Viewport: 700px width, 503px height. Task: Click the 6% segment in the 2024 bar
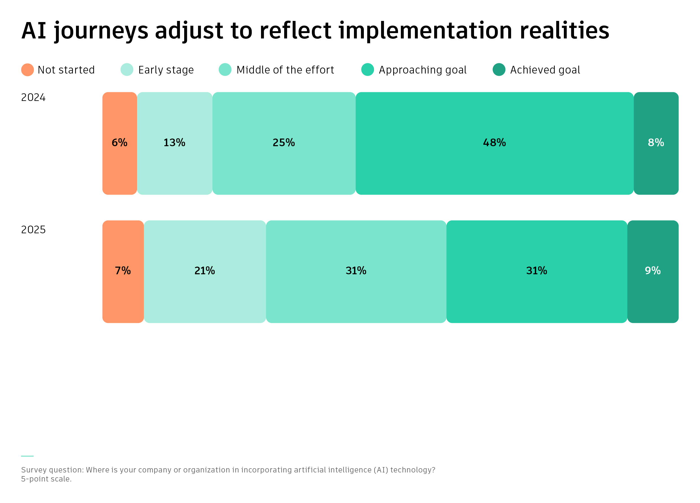pos(119,143)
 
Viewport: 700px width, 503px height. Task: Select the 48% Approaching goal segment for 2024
pos(494,143)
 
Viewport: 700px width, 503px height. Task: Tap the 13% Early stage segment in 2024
pos(175,143)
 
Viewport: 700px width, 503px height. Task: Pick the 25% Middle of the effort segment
pos(284,143)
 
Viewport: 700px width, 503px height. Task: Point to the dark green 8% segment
pos(656,143)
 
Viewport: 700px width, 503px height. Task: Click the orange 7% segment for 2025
pos(123,272)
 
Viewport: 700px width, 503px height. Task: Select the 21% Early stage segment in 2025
pos(205,272)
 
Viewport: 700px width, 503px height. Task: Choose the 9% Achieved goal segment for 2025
pos(653,272)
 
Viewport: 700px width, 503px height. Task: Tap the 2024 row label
pos(33,98)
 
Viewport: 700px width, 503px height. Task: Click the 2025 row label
pos(33,230)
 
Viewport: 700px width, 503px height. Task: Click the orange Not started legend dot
pos(27,70)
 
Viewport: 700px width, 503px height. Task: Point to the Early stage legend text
pos(166,70)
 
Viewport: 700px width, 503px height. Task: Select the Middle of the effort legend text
pos(285,70)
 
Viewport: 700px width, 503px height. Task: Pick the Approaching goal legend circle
pos(368,70)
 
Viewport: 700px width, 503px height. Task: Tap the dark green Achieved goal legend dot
pos(499,70)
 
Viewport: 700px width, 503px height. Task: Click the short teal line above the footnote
pos(27,456)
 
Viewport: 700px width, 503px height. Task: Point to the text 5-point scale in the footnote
pos(46,479)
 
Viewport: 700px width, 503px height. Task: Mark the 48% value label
pos(494,143)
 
